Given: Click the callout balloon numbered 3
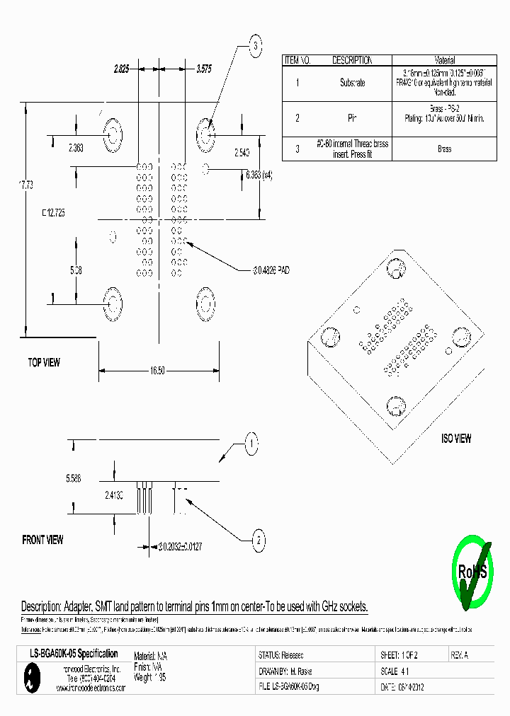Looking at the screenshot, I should tap(255, 47).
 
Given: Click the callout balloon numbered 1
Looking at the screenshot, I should tap(250, 444).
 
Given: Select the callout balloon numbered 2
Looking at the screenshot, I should tap(259, 541).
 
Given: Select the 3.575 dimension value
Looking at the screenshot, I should tap(203, 69).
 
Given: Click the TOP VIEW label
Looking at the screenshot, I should tap(44, 363).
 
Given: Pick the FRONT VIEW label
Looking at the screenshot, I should tap(42, 540).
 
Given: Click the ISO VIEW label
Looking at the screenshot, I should tap(456, 439).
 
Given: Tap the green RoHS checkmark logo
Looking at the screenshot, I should tap(471, 572).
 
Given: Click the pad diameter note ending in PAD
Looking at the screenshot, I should tap(272, 270).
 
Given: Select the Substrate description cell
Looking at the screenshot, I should tap(352, 83).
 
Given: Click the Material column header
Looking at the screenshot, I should tap(444, 61).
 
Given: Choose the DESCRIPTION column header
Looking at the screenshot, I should tap(352, 61).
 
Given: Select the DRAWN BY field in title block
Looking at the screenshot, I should tap(286, 671).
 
